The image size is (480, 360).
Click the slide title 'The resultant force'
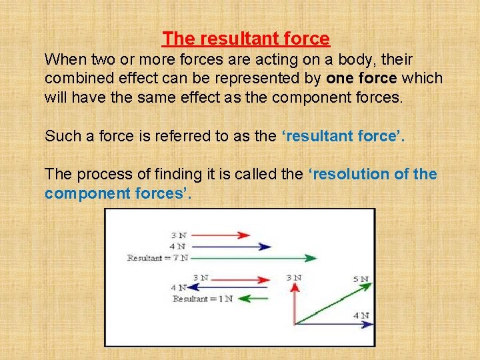point(246,39)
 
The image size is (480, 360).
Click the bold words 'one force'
point(361,78)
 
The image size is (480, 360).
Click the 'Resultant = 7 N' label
point(157,257)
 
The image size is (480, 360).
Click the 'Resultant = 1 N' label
point(202,299)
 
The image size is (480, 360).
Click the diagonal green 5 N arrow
point(333,303)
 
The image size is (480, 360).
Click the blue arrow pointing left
point(220,288)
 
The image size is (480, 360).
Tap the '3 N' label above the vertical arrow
point(293,277)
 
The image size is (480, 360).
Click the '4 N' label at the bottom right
point(360,315)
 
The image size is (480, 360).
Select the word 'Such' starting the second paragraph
point(60,136)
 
